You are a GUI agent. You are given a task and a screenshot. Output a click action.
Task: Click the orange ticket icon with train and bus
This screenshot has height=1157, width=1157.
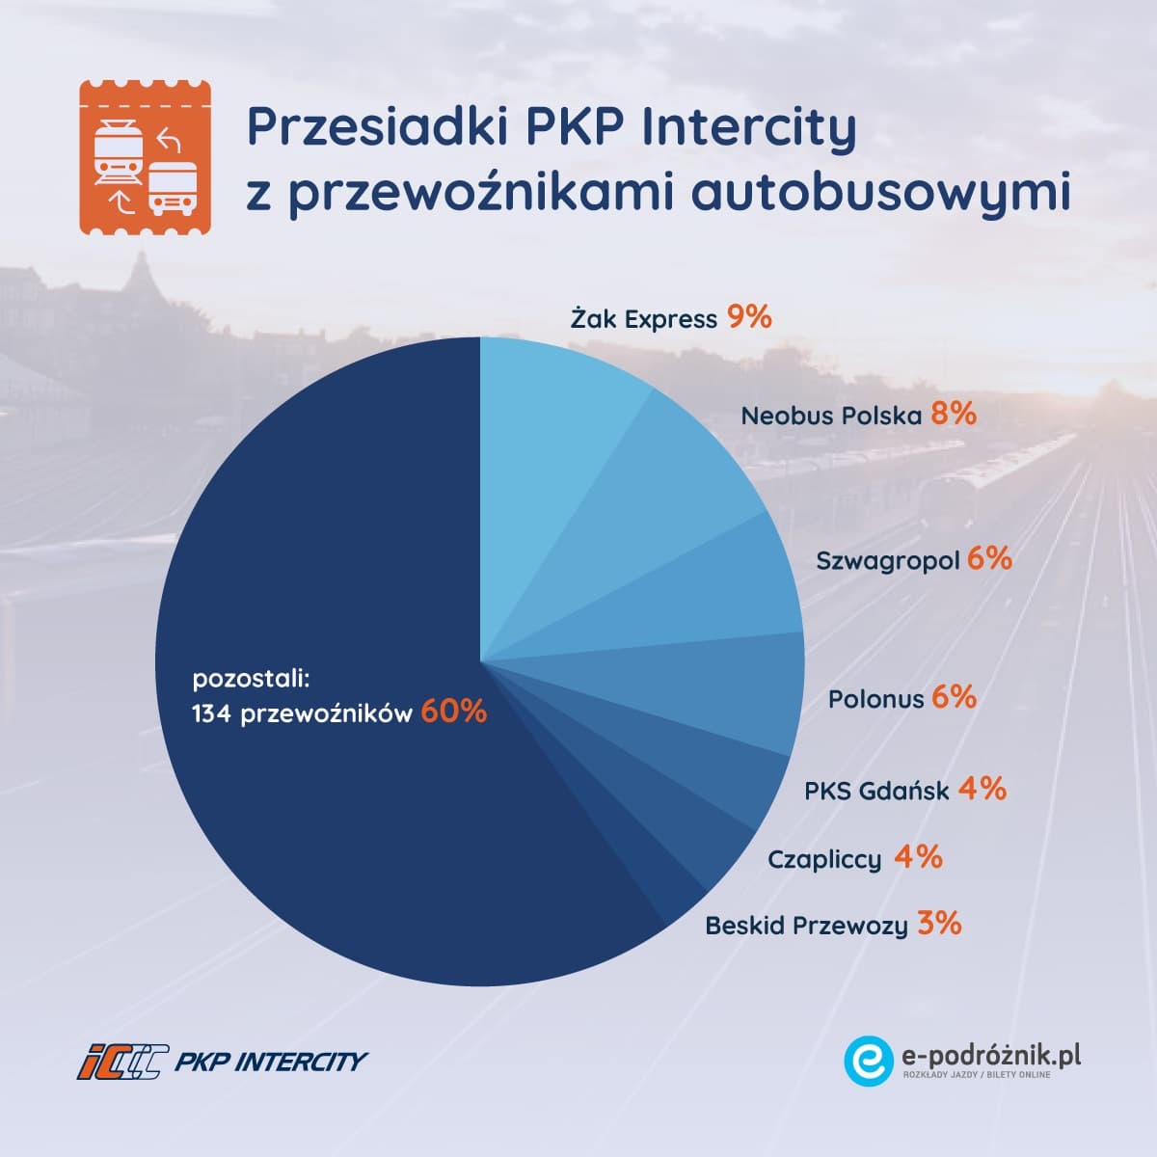pyautogui.click(x=145, y=157)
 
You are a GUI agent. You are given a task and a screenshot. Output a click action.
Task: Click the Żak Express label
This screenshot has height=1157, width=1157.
pyautogui.click(x=643, y=319)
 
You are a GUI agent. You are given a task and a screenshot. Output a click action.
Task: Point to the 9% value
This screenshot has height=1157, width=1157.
pyautogui.click(x=749, y=317)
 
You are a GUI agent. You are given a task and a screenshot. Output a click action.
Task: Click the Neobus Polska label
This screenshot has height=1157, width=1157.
pyautogui.click(x=831, y=416)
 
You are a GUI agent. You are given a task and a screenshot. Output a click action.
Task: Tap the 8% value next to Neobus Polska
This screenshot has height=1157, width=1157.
pyautogui.click(x=954, y=414)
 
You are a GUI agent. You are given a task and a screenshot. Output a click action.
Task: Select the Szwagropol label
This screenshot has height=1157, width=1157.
pyautogui.click(x=887, y=560)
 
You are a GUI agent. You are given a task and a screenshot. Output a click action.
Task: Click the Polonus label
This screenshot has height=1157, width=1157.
pyautogui.click(x=875, y=699)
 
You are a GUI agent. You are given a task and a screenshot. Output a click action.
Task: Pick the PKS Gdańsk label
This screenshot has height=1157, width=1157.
pyautogui.click(x=876, y=792)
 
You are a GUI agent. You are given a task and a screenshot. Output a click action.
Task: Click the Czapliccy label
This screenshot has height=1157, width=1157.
pyautogui.click(x=824, y=859)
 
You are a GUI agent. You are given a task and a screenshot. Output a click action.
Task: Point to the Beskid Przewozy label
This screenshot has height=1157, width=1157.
pyautogui.click(x=806, y=927)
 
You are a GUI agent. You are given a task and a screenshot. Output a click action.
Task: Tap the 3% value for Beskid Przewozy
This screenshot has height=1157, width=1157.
pyautogui.click(x=939, y=924)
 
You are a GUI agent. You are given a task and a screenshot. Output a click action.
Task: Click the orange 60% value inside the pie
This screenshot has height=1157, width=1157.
pyautogui.click(x=453, y=712)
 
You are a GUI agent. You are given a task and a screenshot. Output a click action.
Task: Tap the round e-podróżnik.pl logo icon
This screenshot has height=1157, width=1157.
pyautogui.click(x=869, y=1060)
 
